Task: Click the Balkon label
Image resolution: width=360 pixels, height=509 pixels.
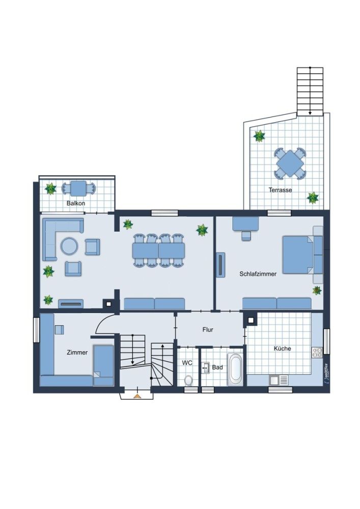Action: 76,203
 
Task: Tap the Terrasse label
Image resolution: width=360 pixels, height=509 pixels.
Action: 281,190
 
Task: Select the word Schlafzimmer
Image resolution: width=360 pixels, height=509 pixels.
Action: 258,274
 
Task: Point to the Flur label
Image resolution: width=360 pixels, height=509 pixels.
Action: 208,330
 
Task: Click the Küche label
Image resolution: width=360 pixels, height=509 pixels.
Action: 282,349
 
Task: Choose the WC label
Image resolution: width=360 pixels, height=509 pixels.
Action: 187,363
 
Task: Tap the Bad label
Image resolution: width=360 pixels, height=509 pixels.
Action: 217,366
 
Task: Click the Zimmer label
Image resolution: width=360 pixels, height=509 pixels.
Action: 77,352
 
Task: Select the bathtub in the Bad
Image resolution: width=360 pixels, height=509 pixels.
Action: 235,370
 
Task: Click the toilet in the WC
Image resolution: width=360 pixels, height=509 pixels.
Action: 189,380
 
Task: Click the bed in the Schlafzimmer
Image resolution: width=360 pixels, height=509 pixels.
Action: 298,254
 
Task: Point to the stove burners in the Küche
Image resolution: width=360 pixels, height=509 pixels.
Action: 317,351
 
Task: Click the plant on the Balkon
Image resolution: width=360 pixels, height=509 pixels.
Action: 50,189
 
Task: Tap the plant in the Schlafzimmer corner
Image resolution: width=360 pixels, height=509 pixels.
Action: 317,291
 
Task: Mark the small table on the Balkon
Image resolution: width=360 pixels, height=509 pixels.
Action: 78,189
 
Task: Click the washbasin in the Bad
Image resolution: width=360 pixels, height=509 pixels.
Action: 206,366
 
